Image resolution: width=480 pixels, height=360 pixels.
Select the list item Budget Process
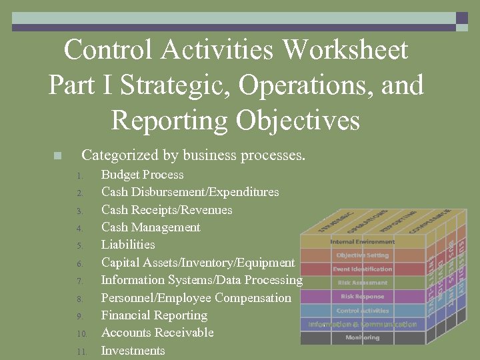pyautogui.click(x=142, y=175)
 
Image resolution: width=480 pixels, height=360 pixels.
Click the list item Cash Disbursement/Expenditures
pyautogui.click(x=190, y=192)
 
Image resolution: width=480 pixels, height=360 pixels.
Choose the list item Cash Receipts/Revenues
pyautogui.click(x=167, y=210)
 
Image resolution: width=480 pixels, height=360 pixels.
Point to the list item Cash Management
pyautogui.click(x=151, y=227)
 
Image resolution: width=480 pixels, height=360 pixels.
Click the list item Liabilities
pyautogui.click(x=128, y=245)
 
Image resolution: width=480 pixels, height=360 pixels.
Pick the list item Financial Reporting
pyautogui.click(x=154, y=315)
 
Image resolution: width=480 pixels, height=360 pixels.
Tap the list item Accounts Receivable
pyautogui.click(x=157, y=333)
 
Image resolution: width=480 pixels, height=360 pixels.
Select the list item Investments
pyautogui.click(x=133, y=351)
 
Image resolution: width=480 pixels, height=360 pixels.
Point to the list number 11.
pyautogui.click(x=81, y=351)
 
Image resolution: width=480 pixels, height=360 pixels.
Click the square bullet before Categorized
pyautogui.click(x=57, y=156)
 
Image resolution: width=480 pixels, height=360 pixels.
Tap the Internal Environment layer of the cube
pyautogui.click(x=363, y=242)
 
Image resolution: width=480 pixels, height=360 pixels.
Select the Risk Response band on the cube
pyautogui.click(x=363, y=297)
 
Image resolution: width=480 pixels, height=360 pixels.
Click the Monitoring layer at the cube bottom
pyautogui.click(x=363, y=338)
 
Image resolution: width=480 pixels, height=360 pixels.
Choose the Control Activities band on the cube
pyautogui.click(x=363, y=311)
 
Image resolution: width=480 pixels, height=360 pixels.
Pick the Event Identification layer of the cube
pyautogui.click(x=363, y=269)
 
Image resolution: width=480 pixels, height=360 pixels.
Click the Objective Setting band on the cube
pyautogui.click(x=363, y=255)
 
